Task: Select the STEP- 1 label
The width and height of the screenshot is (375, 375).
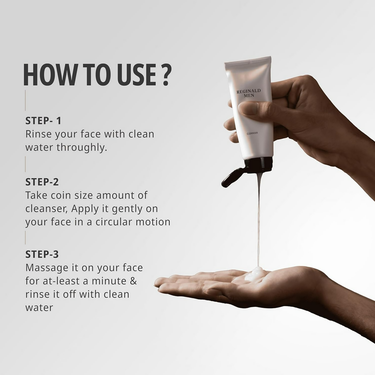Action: click(43, 121)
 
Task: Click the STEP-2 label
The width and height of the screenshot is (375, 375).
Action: click(42, 182)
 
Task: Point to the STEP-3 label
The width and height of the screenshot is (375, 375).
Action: click(42, 254)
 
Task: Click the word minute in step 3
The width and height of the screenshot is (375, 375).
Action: click(109, 281)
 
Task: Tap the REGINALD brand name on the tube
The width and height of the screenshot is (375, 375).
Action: click(249, 91)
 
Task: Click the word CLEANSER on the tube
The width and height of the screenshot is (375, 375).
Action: click(252, 133)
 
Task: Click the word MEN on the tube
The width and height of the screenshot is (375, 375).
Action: click(249, 96)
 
